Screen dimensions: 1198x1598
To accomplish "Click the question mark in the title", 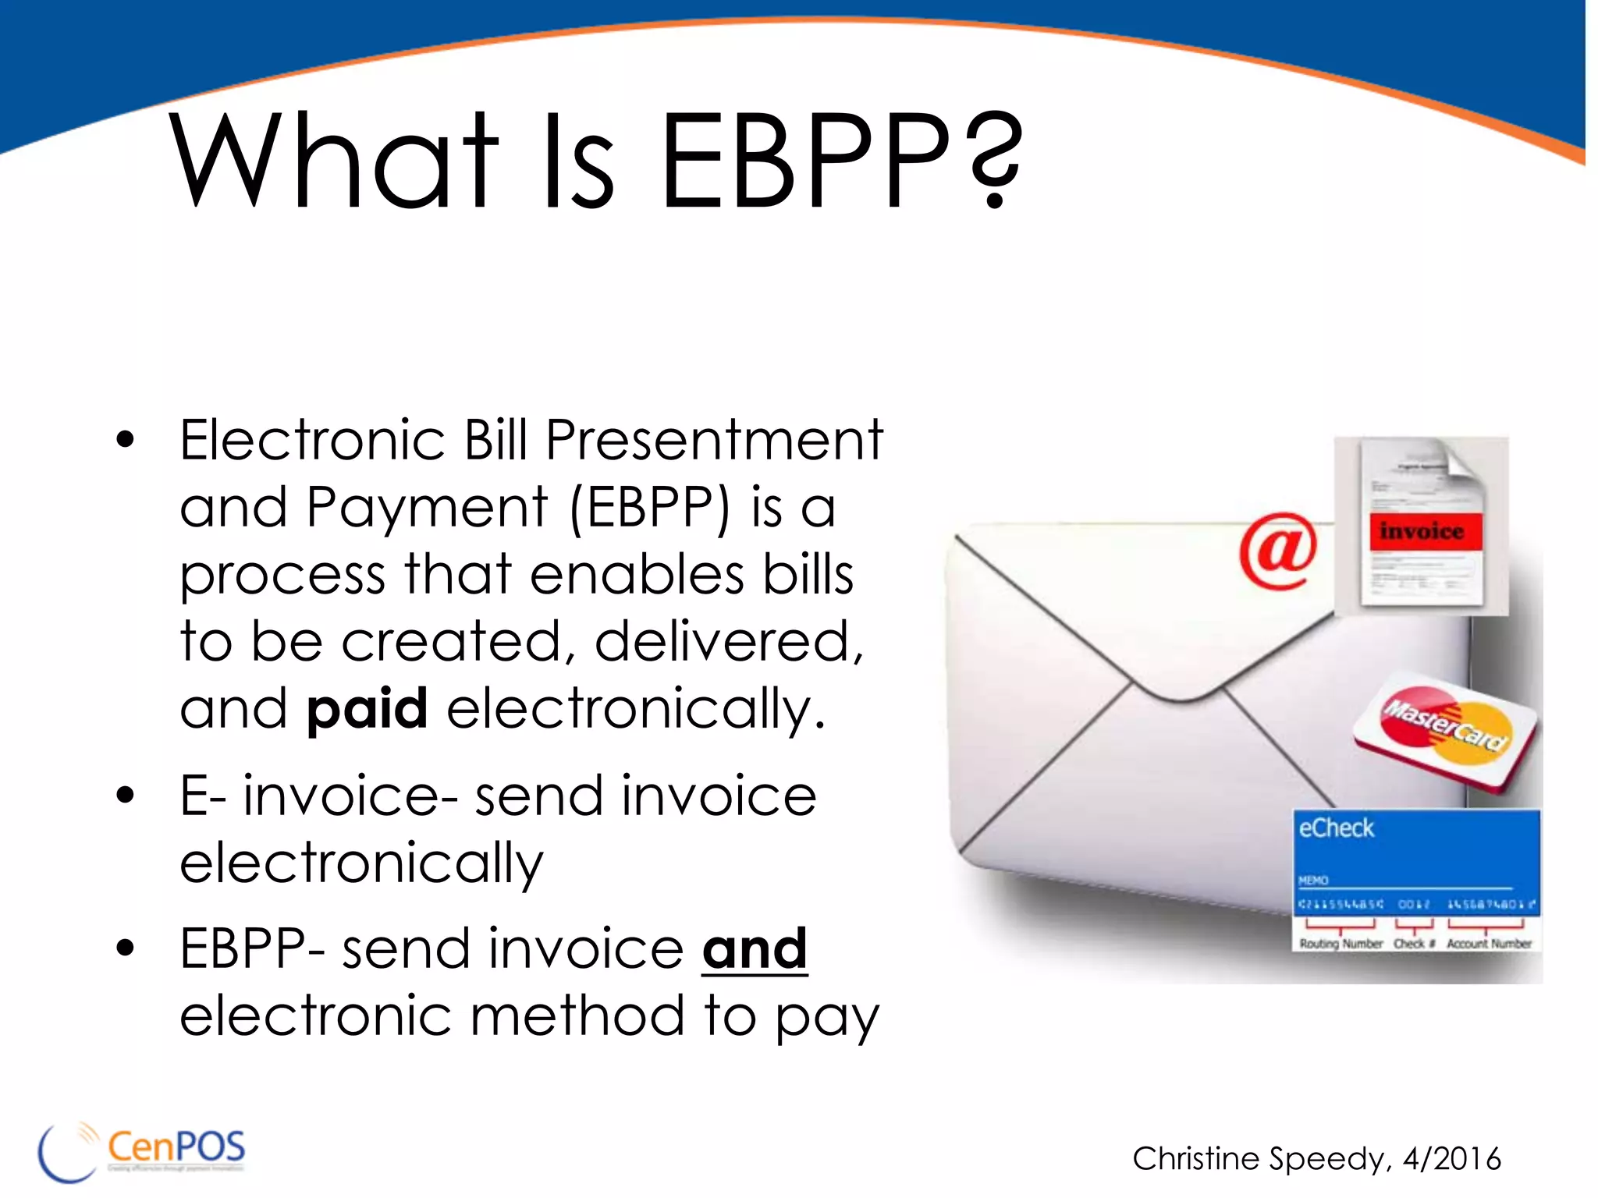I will click(993, 160).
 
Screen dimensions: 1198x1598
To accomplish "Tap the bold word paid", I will click(367, 708).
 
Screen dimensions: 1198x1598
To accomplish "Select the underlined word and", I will click(754, 949).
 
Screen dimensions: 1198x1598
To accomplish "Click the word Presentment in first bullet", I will click(713, 441).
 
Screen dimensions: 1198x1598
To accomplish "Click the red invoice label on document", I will click(1421, 532).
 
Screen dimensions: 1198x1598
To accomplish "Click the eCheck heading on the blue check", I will click(1336, 828).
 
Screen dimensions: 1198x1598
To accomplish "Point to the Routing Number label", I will click(1341, 944).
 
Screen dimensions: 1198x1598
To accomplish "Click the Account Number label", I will click(1489, 944).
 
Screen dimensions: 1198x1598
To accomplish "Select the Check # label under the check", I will click(1414, 944).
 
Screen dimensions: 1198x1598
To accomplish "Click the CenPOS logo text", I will click(176, 1147).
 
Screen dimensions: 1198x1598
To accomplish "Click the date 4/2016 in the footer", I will click(1452, 1159).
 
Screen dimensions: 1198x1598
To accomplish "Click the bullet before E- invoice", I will click(125, 796).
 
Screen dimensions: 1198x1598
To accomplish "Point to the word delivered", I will click(729, 642).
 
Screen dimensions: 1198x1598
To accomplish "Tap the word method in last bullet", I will click(577, 1016).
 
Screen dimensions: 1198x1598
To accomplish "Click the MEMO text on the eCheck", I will click(1313, 881).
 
